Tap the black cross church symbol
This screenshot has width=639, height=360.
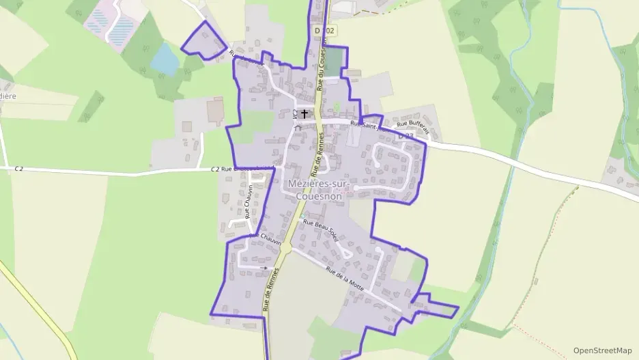(x=304, y=113)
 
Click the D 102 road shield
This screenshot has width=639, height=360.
(x=326, y=31)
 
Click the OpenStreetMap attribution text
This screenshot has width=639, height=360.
(x=602, y=350)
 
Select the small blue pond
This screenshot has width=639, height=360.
(x=165, y=59)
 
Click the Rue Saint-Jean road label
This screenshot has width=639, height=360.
(x=364, y=124)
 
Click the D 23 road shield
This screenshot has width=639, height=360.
(x=406, y=137)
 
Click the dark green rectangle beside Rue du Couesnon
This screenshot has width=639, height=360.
(x=332, y=62)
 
